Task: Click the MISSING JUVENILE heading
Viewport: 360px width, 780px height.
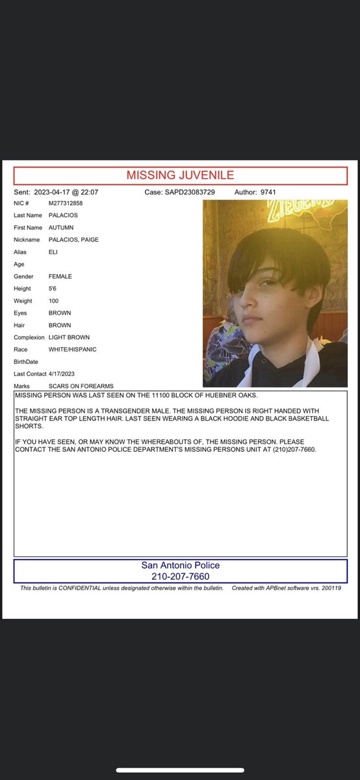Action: click(x=180, y=175)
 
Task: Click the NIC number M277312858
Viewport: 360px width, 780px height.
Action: click(x=66, y=203)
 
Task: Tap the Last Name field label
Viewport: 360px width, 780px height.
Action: click(x=28, y=215)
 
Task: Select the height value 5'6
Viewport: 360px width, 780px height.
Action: click(x=54, y=289)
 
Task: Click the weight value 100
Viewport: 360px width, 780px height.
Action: click(x=55, y=301)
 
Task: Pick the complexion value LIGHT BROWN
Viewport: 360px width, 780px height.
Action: click(x=69, y=337)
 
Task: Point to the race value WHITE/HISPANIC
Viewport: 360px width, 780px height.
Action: click(x=73, y=350)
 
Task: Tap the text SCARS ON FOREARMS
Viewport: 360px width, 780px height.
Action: click(x=81, y=386)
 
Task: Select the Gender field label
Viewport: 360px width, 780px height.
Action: click(x=25, y=276)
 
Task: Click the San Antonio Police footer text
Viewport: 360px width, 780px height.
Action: click(x=180, y=565)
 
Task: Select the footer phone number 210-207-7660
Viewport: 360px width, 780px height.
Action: click(x=180, y=577)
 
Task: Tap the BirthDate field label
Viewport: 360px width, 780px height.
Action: click(x=26, y=361)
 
